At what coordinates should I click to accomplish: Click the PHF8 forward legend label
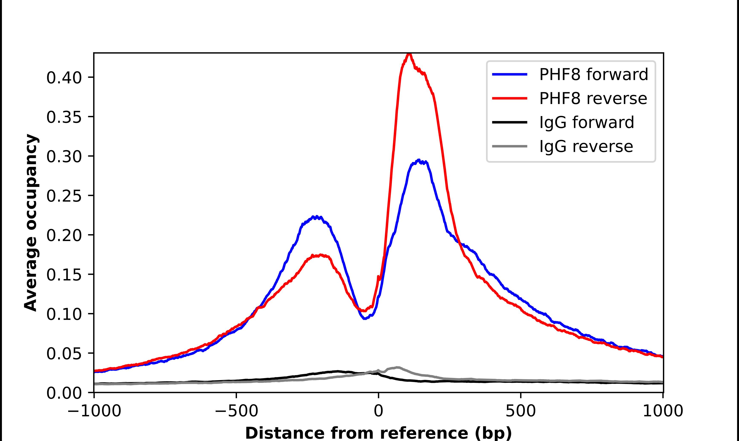pos(593,74)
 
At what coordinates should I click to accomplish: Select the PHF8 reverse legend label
pos(593,98)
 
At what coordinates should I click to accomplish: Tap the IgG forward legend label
pos(587,122)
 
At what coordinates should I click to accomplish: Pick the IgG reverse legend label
pos(586,147)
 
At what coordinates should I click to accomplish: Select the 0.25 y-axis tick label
pos(64,196)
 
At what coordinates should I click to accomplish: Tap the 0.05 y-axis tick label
pos(64,354)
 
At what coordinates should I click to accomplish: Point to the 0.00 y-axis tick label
pos(64,393)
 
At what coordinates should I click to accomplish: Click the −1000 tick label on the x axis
pos(94,411)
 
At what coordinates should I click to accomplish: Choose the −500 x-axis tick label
pos(237,411)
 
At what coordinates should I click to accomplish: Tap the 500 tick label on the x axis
pos(521,411)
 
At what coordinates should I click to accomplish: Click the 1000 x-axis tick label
pos(663,411)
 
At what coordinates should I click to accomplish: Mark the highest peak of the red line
pos(409,54)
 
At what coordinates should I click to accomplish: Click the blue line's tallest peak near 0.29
pos(419,160)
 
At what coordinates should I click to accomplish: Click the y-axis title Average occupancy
pos(31,222)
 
